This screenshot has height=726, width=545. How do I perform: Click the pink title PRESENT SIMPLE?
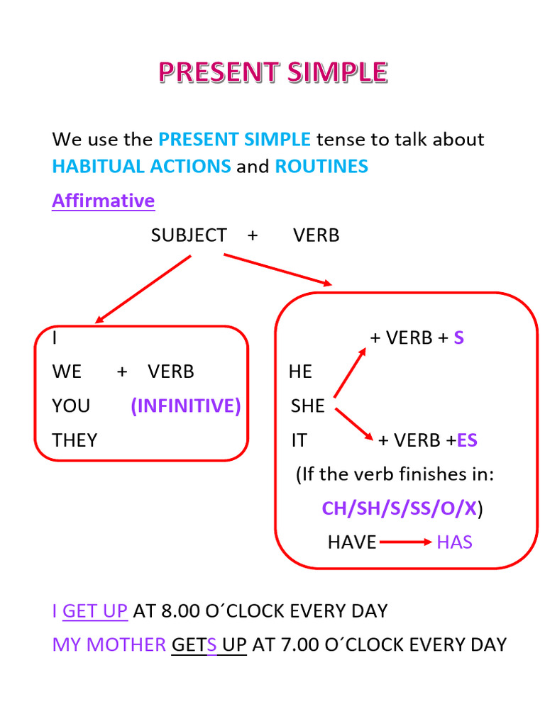272,72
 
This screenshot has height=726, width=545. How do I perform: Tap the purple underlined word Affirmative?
103,201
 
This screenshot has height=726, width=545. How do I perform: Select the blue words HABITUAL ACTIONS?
141,167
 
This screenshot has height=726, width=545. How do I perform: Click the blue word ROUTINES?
321,167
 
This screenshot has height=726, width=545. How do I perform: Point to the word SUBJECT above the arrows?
189,235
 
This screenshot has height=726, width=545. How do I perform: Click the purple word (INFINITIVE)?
186,406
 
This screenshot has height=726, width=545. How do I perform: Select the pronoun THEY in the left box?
75,440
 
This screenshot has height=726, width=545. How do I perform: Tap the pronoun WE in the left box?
67,372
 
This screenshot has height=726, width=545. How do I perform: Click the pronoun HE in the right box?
300,372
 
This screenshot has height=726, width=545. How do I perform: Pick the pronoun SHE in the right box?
307,406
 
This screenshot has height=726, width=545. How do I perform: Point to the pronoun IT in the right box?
299,440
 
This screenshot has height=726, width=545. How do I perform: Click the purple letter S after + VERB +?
458,337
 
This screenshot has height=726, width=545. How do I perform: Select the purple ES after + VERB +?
467,440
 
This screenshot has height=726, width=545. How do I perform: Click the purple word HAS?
454,542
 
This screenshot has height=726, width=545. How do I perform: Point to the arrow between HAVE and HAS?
406,542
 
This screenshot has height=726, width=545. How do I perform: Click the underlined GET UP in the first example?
95,610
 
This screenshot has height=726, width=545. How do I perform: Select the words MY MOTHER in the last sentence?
109,644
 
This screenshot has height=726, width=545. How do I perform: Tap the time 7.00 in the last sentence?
297,644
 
